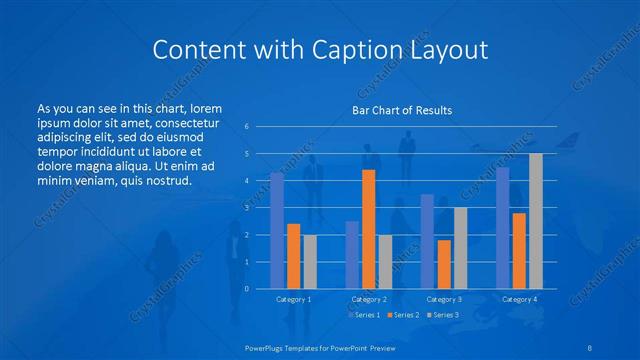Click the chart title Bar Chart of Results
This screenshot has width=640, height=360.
point(402,110)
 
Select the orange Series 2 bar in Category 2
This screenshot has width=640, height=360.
point(368,229)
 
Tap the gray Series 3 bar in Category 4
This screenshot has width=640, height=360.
point(535,221)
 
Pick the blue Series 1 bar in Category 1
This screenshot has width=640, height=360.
point(277,230)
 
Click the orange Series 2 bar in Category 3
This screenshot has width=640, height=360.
point(444,264)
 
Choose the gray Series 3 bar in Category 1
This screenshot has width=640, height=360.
point(310,261)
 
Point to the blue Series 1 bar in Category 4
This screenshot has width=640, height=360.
point(502,228)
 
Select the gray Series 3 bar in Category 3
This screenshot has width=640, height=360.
point(460,248)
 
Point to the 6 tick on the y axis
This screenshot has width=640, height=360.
point(246,127)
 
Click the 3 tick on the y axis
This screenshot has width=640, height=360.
point(246,208)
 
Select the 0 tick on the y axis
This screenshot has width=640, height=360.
point(246,289)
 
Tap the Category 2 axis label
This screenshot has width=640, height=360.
point(369,299)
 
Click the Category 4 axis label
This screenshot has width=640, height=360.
point(519,299)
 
